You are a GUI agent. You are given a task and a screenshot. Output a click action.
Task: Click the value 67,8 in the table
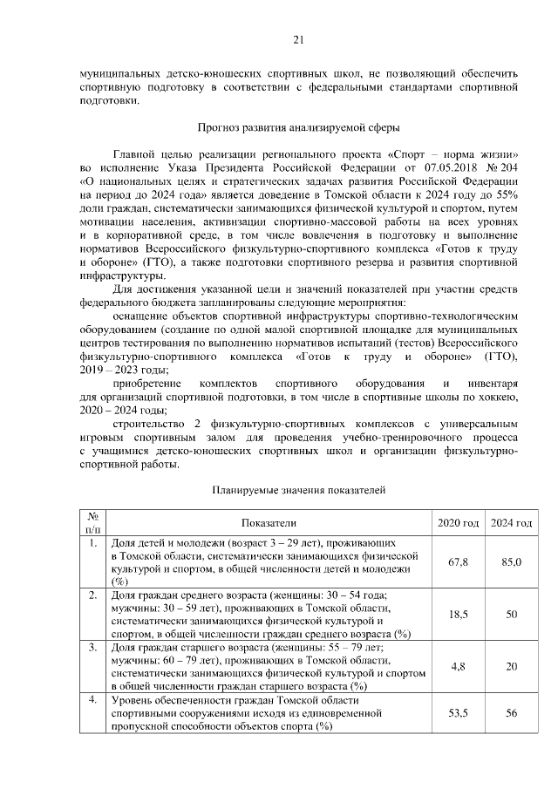click(459, 562)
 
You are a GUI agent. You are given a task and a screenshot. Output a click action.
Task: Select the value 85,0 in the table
click(511, 562)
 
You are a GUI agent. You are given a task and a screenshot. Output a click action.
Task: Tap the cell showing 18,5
click(459, 615)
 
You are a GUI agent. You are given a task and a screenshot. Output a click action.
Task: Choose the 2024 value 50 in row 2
click(511, 615)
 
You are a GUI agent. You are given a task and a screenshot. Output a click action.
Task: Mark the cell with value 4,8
click(459, 666)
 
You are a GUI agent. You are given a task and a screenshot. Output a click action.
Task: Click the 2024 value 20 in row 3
click(511, 666)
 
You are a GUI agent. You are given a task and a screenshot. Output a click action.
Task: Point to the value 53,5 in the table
click(459, 712)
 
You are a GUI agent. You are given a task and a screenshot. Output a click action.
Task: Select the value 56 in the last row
click(511, 712)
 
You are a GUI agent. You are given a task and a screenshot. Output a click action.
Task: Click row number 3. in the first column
click(92, 648)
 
